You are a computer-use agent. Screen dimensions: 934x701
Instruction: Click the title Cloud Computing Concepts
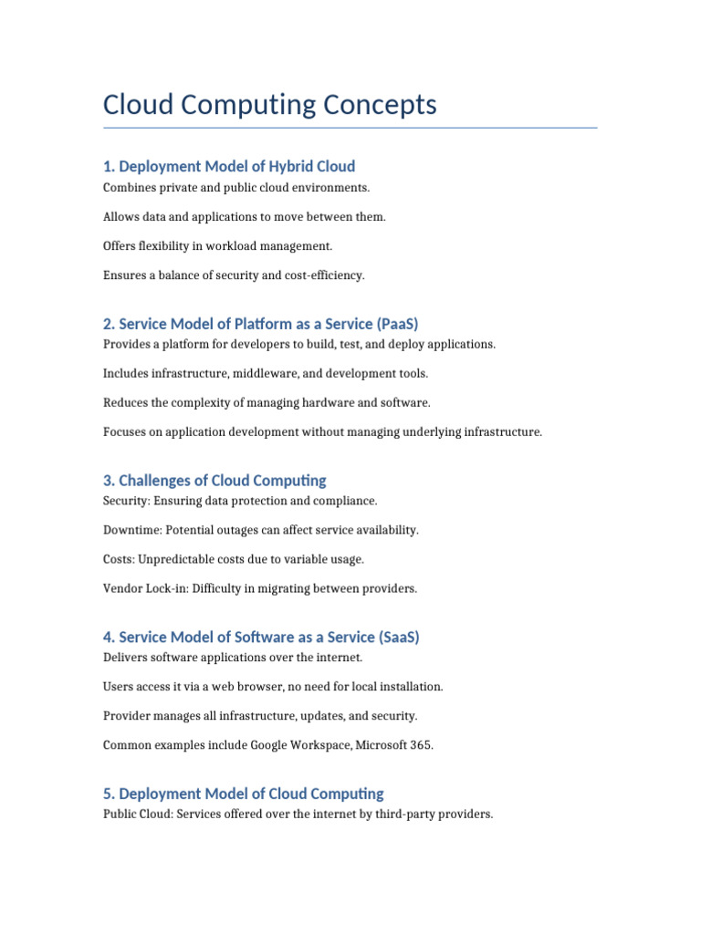(270, 105)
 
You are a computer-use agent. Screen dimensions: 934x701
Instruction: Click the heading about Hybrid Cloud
(229, 166)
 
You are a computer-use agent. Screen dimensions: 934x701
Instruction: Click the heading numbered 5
(244, 794)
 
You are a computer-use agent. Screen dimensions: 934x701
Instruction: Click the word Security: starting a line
(126, 501)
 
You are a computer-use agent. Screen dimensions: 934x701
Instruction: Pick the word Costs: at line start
(120, 559)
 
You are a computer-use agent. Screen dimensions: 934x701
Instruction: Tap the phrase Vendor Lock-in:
(145, 588)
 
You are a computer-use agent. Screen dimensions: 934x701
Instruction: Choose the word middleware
(265, 373)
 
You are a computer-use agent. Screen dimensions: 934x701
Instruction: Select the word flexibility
(168, 245)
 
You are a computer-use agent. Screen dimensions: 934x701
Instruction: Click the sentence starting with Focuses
(323, 432)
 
